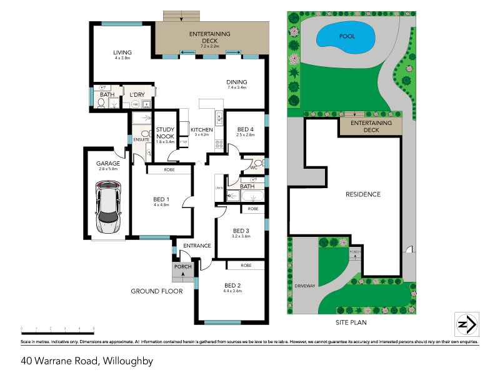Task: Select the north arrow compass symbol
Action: pos(466,324)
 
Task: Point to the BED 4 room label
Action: pos(246,128)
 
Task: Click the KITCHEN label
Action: pos(201,129)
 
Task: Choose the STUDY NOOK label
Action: pos(165,133)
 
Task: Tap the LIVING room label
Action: pos(122,52)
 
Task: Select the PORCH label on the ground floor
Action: pos(182,267)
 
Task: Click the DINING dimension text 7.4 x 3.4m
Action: pos(237,88)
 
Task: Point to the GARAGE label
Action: pos(108,164)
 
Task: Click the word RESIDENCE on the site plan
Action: pos(363,194)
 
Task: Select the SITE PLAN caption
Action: pos(350,323)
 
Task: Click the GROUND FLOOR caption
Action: pos(156,291)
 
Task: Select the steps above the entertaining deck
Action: pos(181,16)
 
